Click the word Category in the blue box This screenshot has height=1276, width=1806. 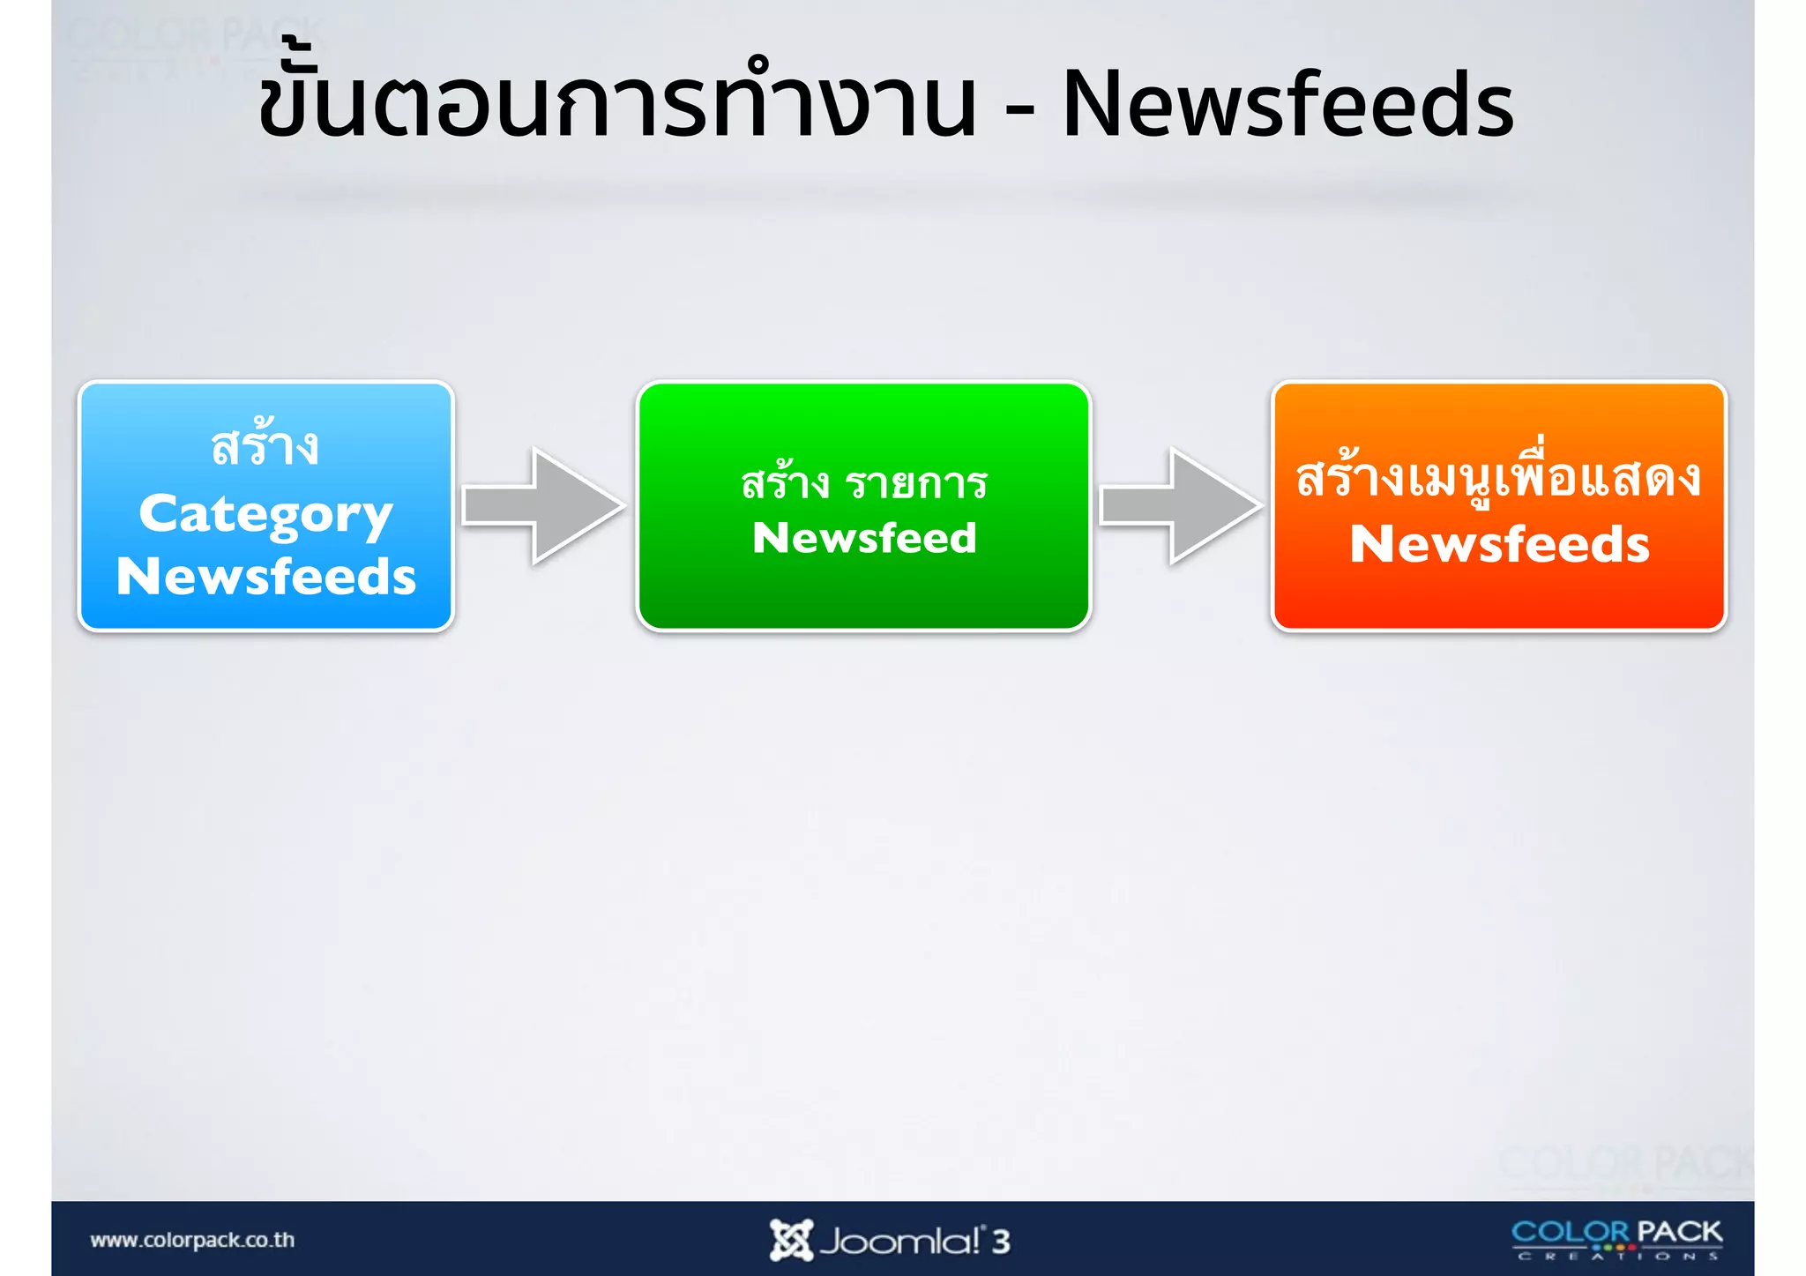(x=265, y=514)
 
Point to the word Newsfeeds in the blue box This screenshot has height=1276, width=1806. (x=265, y=577)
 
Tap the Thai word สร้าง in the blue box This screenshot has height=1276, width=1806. (x=265, y=446)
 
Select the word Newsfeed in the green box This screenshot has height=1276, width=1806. (x=864, y=538)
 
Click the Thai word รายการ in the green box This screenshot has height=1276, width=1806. (x=916, y=483)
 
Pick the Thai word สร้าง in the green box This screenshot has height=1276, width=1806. (x=785, y=483)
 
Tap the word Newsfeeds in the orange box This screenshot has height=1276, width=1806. (x=1499, y=544)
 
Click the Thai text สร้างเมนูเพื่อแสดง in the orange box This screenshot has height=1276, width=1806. (x=1498, y=478)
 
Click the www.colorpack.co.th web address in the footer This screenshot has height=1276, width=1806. (x=192, y=1240)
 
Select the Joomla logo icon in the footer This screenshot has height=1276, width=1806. (x=790, y=1240)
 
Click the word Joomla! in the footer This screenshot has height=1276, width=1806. (x=899, y=1242)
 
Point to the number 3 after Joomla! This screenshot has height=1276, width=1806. (x=1001, y=1242)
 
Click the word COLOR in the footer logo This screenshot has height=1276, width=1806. (x=1571, y=1232)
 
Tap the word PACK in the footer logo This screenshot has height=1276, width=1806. (x=1680, y=1232)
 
